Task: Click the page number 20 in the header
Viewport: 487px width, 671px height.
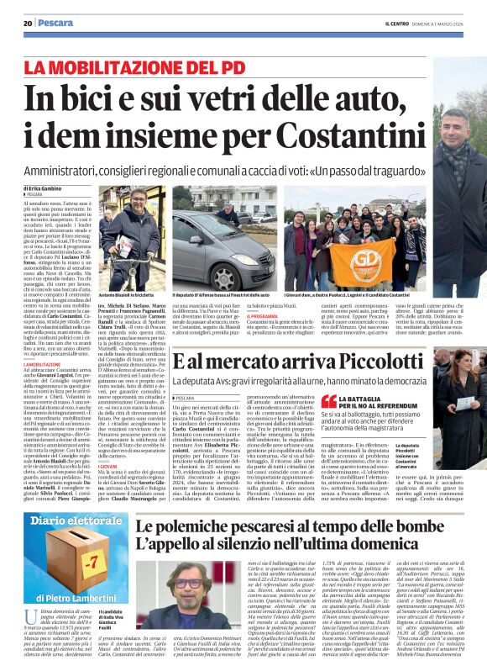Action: tap(28, 23)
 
